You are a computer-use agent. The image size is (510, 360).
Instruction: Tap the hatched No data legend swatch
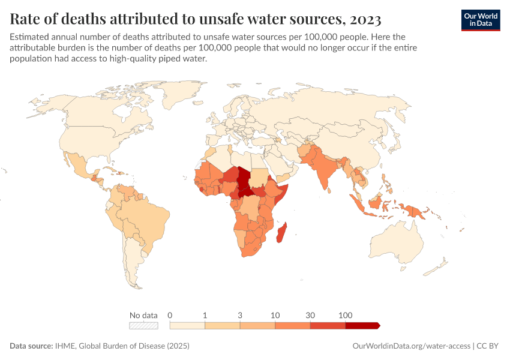coord(143,326)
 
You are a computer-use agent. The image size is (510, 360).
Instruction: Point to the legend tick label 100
coord(346,315)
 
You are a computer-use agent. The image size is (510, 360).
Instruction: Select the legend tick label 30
coord(310,315)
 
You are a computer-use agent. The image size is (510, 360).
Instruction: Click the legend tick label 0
coord(170,315)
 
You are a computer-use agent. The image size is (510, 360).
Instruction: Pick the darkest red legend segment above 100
coord(362,326)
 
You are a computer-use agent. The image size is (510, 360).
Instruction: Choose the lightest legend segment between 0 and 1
coord(187,326)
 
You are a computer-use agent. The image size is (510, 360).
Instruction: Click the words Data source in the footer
coord(31,346)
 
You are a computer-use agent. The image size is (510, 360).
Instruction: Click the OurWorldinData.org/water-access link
coord(410,346)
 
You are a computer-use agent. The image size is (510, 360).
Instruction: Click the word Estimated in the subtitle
coord(31,37)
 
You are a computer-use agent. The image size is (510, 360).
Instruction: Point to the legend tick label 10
coord(275,315)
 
